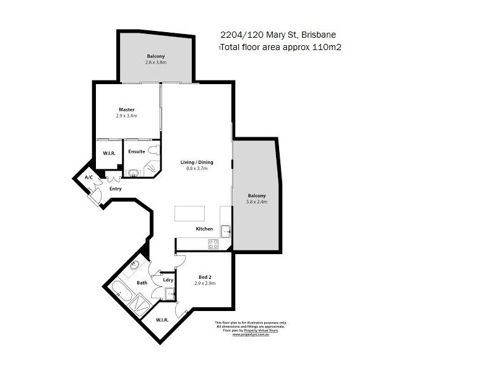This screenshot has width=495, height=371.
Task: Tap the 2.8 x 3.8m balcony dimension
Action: click(x=156, y=63)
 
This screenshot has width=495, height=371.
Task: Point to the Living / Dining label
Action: click(x=197, y=162)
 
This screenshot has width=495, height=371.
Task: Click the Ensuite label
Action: click(x=137, y=151)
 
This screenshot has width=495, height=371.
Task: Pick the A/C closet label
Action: click(x=88, y=177)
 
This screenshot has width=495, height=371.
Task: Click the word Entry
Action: click(x=115, y=189)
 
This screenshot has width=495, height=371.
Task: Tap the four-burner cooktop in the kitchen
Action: click(x=213, y=244)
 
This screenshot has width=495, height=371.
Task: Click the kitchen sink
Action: click(x=226, y=231)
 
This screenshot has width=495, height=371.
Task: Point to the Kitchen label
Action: click(x=204, y=229)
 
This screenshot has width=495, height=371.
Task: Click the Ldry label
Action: click(x=168, y=280)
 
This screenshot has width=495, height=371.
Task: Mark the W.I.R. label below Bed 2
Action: click(x=162, y=320)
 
